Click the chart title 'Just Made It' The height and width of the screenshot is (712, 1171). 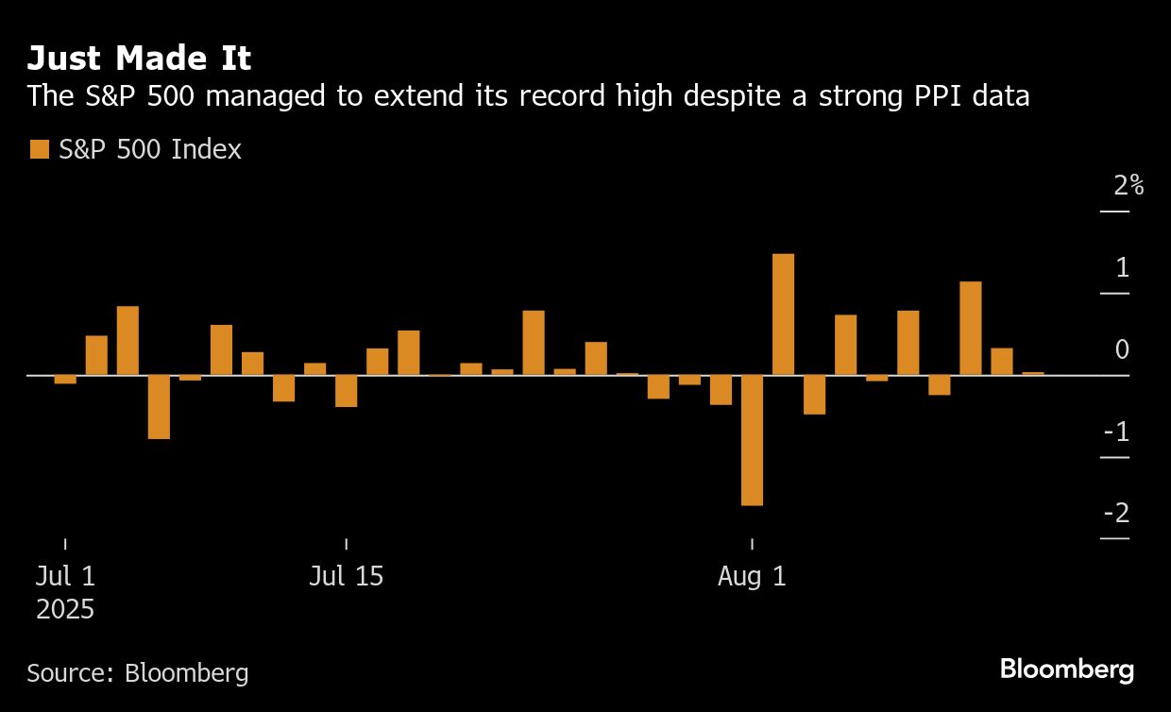(139, 59)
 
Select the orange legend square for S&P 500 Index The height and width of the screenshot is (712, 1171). (39, 149)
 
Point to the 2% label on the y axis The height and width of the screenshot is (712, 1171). (1129, 185)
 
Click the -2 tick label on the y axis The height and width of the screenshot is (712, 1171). (1116, 513)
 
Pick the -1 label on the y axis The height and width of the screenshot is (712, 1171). (1116, 432)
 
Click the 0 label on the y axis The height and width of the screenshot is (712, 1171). (1122, 349)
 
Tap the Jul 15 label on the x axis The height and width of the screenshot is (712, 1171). (346, 576)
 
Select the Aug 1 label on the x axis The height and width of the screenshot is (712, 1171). (752, 576)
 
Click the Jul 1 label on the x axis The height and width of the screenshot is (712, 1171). (65, 576)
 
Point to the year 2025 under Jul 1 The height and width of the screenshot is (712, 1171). (65, 609)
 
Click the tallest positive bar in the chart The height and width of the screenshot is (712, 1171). (783, 314)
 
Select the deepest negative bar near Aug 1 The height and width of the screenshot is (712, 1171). (752, 440)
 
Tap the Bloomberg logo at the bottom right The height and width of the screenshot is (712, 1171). (1066, 670)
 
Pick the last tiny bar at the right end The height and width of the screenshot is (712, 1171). (1033, 374)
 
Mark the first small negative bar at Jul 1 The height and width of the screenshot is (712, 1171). (65, 379)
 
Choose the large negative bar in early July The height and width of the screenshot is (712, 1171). (159, 407)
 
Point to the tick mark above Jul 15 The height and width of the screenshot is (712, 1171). (346, 544)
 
